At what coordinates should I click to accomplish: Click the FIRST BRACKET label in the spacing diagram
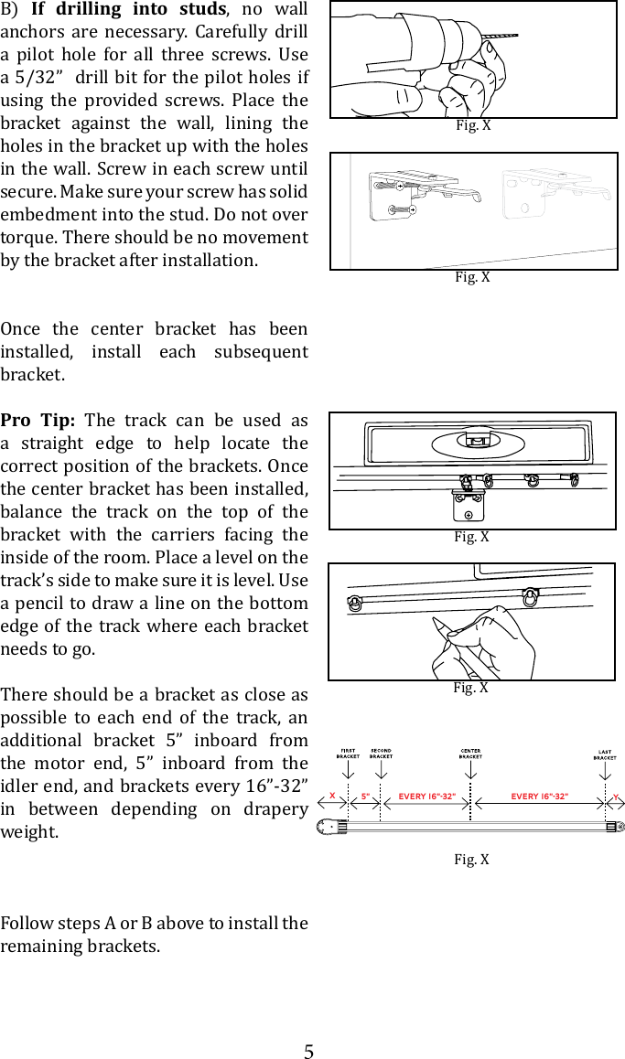[x=348, y=754]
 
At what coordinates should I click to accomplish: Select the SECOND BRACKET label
[x=381, y=754]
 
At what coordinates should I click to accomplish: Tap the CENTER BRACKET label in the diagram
[x=470, y=754]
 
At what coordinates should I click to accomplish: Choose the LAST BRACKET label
[x=605, y=754]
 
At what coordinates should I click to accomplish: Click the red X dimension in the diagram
[x=332, y=796]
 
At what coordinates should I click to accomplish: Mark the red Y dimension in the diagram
[x=616, y=796]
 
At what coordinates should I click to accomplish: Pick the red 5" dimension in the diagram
[x=365, y=796]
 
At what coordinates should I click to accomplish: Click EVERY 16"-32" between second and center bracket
[x=426, y=796]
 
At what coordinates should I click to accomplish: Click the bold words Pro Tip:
[x=42, y=421]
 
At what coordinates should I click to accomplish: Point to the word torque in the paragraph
[x=28, y=237]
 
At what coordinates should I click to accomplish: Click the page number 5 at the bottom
[x=309, y=1051]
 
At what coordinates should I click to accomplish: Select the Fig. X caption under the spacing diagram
[x=471, y=859]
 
